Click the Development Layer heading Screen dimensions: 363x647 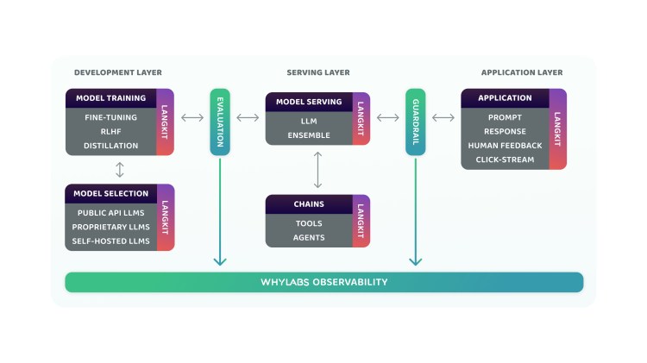point(118,72)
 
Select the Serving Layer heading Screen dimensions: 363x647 point(318,72)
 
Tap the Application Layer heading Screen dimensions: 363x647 point(522,72)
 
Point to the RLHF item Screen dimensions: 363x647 point(110,131)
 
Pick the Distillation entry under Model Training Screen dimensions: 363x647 point(110,146)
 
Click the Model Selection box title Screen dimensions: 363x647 point(111,194)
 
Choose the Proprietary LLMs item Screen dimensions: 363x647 point(110,227)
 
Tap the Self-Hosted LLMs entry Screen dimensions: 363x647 point(110,241)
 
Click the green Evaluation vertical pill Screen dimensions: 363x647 point(220,122)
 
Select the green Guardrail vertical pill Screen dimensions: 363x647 point(416,122)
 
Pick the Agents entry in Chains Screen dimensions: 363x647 point(309,237)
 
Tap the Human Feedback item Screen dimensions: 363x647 point(505,146)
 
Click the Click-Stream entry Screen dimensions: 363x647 point(505,160)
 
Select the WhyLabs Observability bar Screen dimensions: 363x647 point(324,282)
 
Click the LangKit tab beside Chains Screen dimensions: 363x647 point(361,221)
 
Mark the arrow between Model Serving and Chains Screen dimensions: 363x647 point(318,170)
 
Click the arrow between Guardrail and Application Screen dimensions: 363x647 point(443,117)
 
